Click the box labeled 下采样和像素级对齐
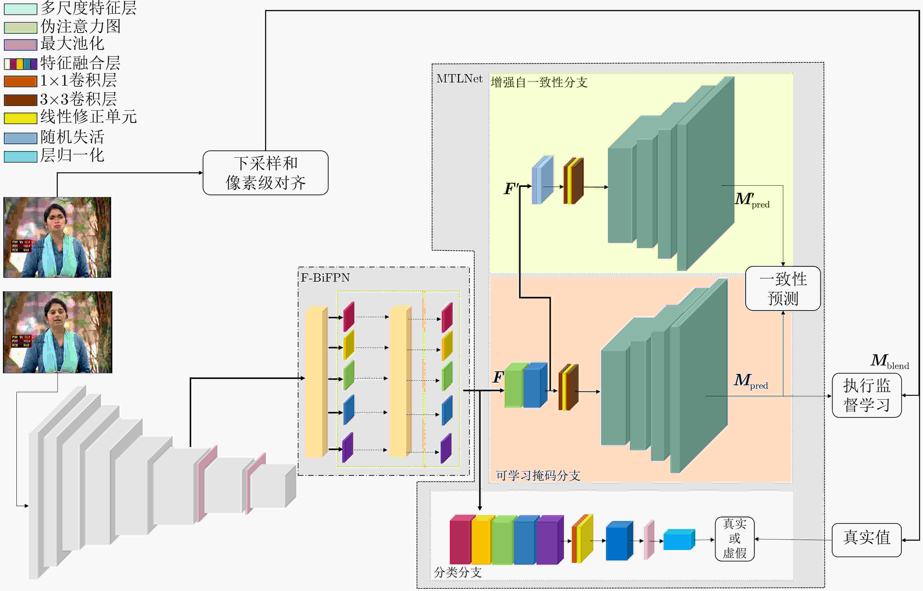(265, 173)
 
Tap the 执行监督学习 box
(867, 395)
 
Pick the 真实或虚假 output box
(734, 539)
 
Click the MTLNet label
(459, 79)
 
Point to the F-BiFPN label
(325, 277)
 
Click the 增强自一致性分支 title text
(539, 82)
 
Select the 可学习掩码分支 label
(538, 475)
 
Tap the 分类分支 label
(457, 572)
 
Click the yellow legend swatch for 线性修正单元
(20, 118)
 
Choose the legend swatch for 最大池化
(20, 45)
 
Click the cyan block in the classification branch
(679, 540)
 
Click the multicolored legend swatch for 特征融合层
(20, 63)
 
